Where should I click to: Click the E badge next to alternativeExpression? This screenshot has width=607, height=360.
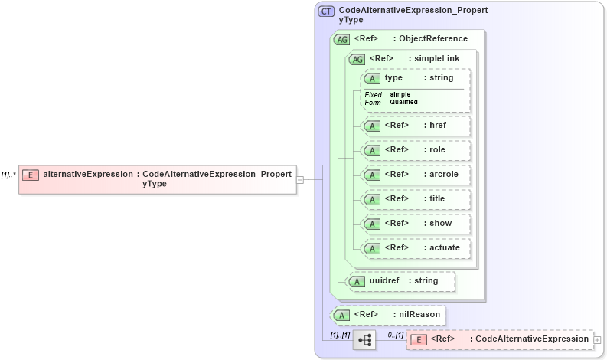coord(30,175)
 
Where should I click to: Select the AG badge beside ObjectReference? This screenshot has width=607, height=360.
coord(341,39)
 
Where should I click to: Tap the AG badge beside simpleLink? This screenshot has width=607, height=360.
coord(357,59)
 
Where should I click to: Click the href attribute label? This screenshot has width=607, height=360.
coord(438,126)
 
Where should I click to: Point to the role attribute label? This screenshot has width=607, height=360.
coord(437,150)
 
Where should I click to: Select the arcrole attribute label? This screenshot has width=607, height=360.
coord(444,175)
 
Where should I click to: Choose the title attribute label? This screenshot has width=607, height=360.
coord(437,199)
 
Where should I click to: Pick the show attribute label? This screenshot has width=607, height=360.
coord(440,224)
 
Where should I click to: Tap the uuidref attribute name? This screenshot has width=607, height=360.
coord(384,281)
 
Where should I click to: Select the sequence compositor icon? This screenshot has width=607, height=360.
coord(364,340)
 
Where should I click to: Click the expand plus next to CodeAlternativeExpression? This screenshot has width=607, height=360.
coord(598,339)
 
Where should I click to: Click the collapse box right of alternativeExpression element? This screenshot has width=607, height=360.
coord(300,180)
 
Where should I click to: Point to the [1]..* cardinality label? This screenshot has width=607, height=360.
coord(9,175)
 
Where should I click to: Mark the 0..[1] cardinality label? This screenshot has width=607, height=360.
coord(395,335)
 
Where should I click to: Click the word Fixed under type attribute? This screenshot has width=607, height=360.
coord(373,95)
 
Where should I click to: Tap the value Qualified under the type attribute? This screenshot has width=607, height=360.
coord(403,102)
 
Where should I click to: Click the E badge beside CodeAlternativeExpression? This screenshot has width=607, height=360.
coord(419,339)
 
